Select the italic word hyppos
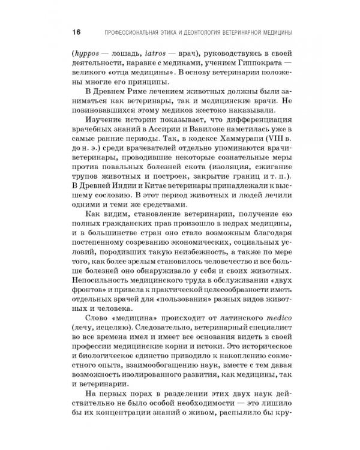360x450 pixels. (86, 52)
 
